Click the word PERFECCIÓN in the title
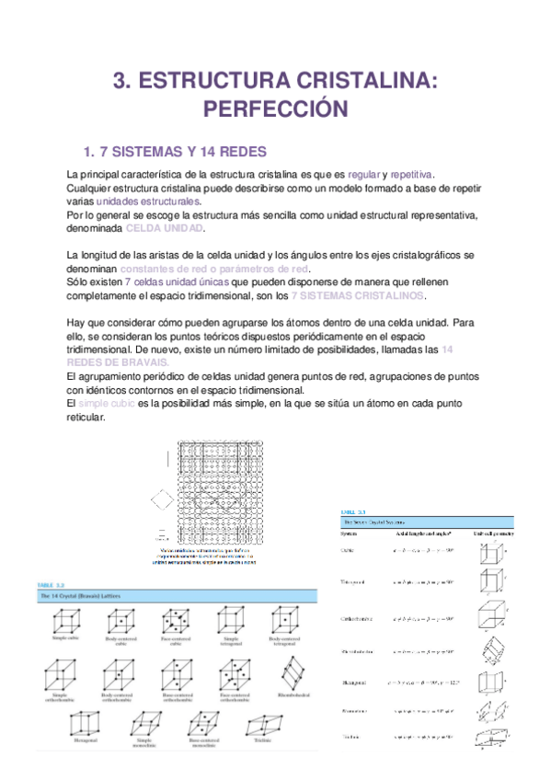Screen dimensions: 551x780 click(275, 109)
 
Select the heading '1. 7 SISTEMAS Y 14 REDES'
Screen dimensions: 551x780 click(175, 151)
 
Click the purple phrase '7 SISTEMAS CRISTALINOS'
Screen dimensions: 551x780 click(358, 295)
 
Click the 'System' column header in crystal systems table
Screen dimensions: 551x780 click(349, 533)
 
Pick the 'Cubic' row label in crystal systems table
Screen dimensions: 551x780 click(348, 552)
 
